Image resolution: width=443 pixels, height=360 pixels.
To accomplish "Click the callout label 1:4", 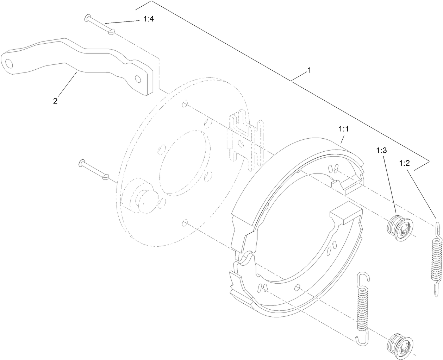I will pyautogui.click(x=149, y=19).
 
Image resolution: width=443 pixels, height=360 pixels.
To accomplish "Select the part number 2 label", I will pyautogui.click(x=55, y=101).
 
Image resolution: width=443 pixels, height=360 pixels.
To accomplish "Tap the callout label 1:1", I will pyautogui.click(x=343, y=129).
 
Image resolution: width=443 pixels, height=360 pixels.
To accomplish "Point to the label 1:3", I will pyautogui.click(x=381, y=151).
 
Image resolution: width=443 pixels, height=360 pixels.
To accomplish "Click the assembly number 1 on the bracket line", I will pyautogui.click(x=309, y=70).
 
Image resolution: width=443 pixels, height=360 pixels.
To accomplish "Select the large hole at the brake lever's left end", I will pyautogui.click(x=8, y=63).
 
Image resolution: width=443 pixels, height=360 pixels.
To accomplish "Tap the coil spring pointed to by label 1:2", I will pyautogui.click(x=436, y=257).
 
